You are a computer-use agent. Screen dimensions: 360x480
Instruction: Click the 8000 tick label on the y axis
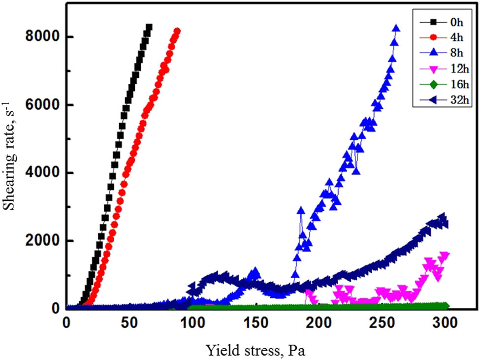(x=41, y=37)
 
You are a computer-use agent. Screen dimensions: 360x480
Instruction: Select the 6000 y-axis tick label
(x=41, y=105)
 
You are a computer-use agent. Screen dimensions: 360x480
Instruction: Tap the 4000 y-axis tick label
(x=41, y=173)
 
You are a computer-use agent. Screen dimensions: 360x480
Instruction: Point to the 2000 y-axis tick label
(x=41, y=241)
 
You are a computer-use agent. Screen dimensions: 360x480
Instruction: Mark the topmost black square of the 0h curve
(x=149, y=28)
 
